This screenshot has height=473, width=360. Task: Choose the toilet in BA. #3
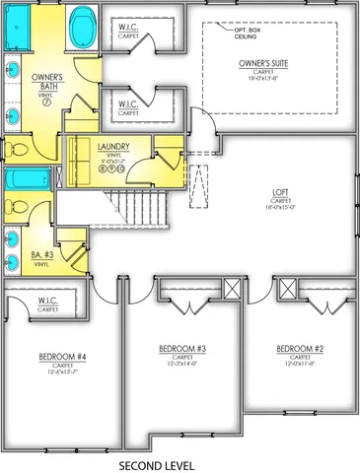coord(17,209)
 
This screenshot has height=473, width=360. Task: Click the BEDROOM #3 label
coord(181,349)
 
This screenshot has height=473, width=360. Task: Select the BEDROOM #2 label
coord(299,349)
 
